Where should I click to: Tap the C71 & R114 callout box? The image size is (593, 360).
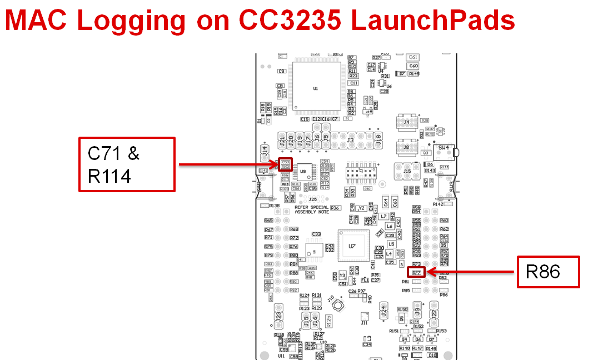tap(127, 164)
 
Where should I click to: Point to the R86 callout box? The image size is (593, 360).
tap(548, 272)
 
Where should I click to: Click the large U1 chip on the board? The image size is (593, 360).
tap(316, 88)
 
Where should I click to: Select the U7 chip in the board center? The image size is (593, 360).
tap(352, 246)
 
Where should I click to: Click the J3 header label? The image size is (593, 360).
tap(350, 141)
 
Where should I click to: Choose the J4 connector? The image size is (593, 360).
tap(407, 122)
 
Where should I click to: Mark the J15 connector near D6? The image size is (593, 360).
tap(407, 172)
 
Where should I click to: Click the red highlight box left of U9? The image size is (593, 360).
tap(286, 164)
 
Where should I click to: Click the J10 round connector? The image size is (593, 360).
tap(337, 307)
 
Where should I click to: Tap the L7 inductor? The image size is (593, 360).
tap(383, 216)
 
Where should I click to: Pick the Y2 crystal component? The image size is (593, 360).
tap(362, 208)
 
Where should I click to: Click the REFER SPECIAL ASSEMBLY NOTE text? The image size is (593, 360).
tap(311, 209)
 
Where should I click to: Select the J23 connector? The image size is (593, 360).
tap(278, 317)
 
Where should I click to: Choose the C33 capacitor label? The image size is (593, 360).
tap(316, 234)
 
